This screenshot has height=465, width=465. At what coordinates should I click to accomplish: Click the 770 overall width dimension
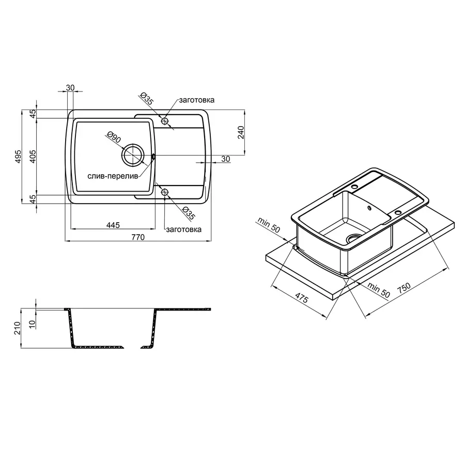pyautogui.click(x=138, y=237)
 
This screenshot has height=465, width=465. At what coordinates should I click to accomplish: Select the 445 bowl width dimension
pyautogui.click(x=113, y=225)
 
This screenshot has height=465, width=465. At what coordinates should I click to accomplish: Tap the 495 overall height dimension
pyautogui.click(x=18, y=156)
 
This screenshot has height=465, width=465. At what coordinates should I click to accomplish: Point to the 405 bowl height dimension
pyautogui.click(x=33, y=156)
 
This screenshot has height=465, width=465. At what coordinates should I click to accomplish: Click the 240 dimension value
pyautogui.click(x=240, y=132)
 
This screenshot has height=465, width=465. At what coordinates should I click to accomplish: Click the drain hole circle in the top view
pyautogui.click(x=133, y=155)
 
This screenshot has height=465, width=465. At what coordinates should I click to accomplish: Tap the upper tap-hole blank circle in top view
pyautogui.click(x=165, y=121)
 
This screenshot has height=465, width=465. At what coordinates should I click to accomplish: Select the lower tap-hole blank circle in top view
pyautogui.click(x=165, y=193)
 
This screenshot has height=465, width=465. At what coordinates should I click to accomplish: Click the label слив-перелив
pyautogui.click(x=113, y=176)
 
